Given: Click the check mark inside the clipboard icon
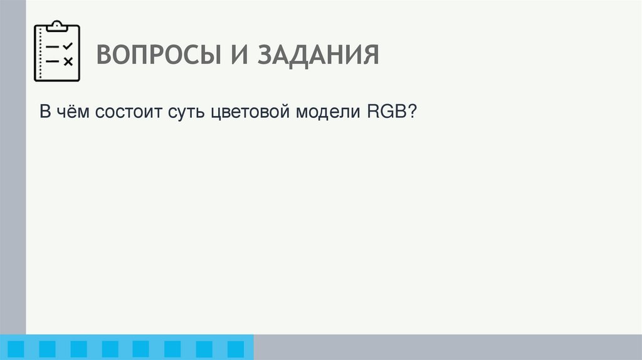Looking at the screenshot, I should coord(68,46).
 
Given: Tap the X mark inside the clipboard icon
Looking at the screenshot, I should coord(68,61).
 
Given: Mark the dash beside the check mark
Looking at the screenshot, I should coord(53,47).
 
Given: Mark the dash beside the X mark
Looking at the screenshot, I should coord(53,61).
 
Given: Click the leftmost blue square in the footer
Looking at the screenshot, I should coord(16,349).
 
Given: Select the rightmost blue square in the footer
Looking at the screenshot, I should coord(235,349).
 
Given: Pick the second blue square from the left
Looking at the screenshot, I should coord(47,349).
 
